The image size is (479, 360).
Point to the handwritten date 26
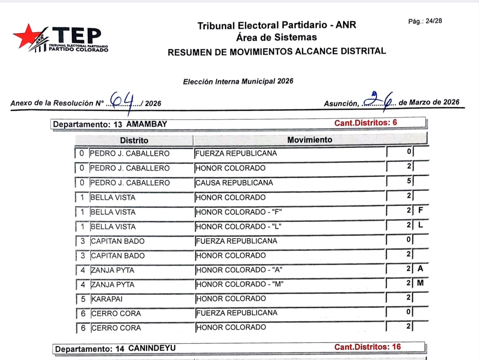[380, 99]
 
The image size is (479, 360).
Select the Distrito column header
[134, 140]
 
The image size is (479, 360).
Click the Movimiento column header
[309, 140]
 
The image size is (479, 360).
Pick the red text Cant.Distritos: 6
[365, 123]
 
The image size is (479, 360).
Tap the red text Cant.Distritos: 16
[367, 347]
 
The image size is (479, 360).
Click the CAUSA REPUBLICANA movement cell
[234, 183]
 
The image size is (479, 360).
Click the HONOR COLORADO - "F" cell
[239, 212]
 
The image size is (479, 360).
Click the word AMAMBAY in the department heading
[147, 124]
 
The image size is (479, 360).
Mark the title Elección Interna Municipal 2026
[238, 81]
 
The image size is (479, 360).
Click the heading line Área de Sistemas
[277, 38]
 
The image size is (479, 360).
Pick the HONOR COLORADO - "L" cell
[239, 227]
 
